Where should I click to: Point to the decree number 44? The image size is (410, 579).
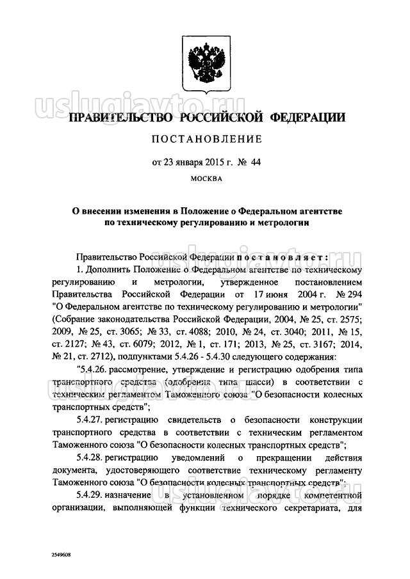[257, 162]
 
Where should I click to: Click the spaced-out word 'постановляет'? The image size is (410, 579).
[282, 257]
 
